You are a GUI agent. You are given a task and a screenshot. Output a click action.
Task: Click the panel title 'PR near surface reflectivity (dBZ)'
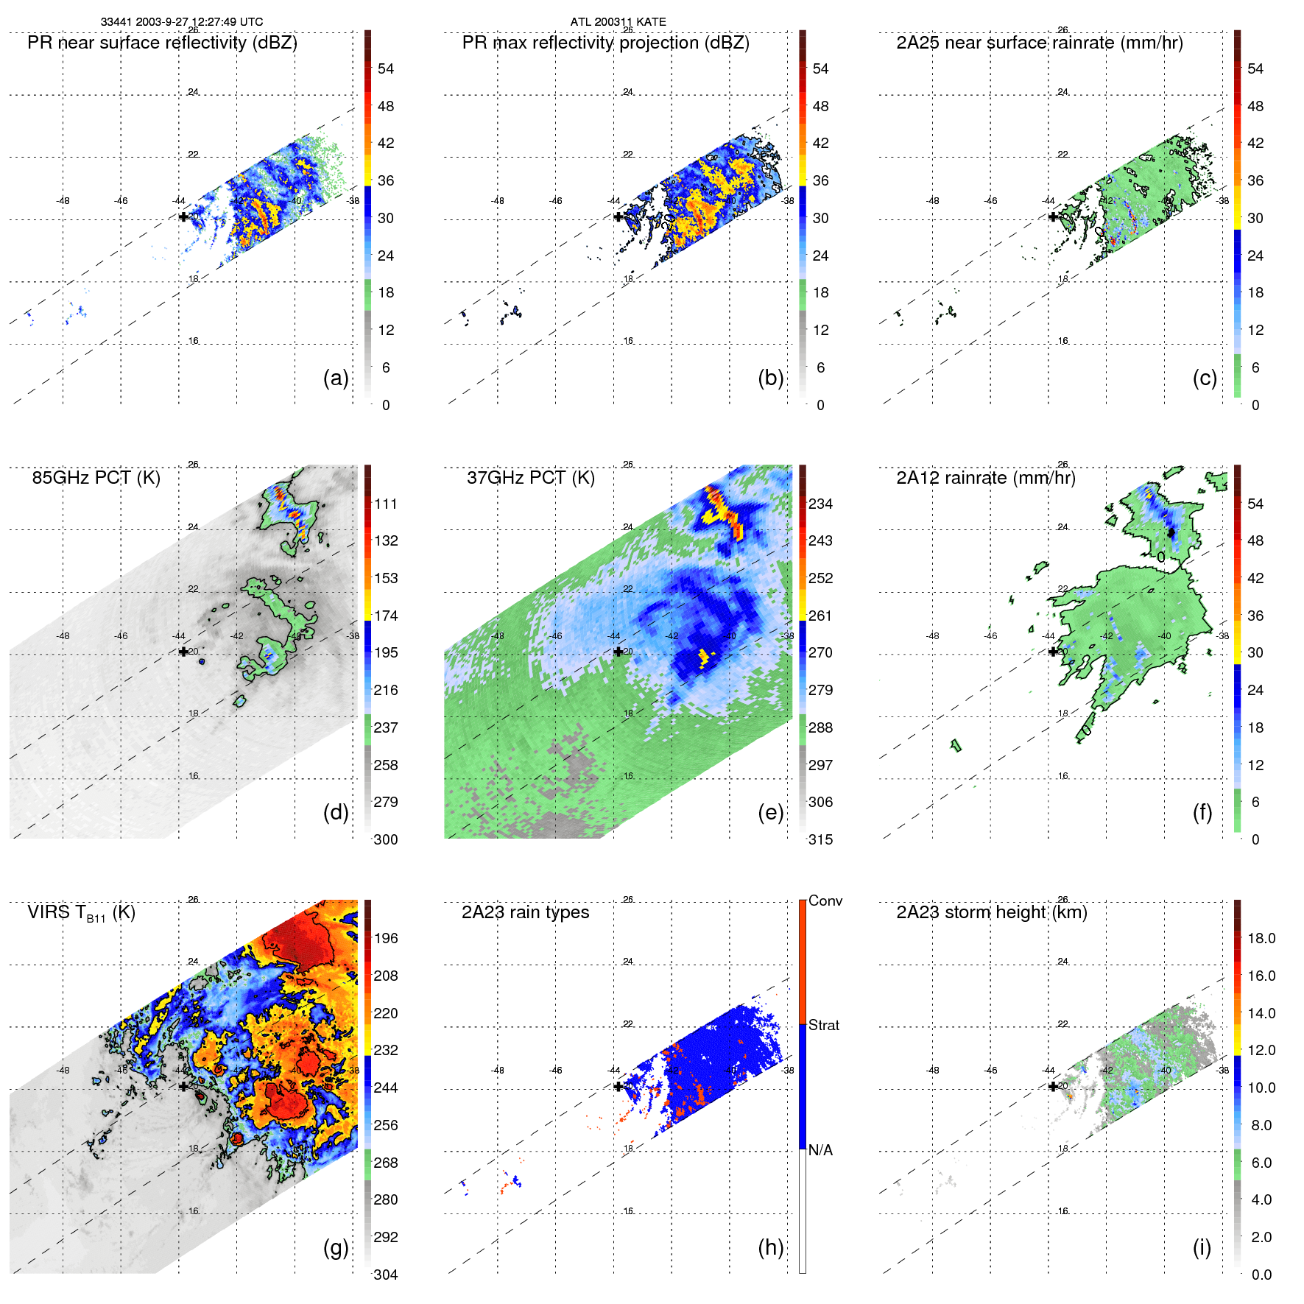point(162,43)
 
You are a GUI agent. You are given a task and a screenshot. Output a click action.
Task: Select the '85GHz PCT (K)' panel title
point(96,478)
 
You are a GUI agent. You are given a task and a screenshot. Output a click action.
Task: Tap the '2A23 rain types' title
point(525,912)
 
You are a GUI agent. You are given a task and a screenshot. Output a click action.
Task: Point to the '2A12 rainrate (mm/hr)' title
point(985,478)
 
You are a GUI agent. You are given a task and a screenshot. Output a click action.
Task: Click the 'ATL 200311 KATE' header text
point(618,22)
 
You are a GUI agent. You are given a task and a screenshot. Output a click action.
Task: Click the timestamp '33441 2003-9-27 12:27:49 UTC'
point(181,22)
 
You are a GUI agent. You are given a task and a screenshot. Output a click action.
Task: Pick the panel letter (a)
point(335,378)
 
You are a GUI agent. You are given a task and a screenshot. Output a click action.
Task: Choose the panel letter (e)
point(770,813)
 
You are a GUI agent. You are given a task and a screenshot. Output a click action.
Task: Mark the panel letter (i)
point(1201,1247)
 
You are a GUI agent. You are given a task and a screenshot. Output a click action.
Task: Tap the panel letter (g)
point(335,1247)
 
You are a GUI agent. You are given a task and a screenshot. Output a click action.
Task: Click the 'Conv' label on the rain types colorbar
point(825,901)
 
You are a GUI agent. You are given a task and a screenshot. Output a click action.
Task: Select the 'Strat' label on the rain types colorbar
point(823,1025)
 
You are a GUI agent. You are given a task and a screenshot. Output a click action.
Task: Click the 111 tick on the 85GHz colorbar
point(386,504)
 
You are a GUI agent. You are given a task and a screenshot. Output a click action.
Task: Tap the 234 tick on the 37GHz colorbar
point(820,504)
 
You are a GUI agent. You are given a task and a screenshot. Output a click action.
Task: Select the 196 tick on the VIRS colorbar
point(386,938)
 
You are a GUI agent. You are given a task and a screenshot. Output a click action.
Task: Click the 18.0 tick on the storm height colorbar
point(1261,938)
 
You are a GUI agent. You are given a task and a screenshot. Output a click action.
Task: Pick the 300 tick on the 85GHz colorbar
point(386,839)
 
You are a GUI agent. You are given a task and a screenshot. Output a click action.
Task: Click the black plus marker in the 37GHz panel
point(618,652)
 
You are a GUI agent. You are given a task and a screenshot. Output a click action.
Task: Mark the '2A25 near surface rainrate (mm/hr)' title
point(1039,43)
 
